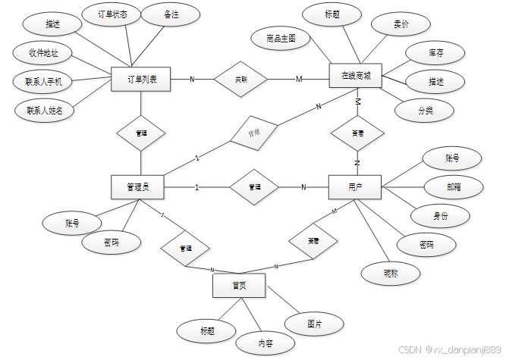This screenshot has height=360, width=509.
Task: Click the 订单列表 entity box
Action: click(140, 80)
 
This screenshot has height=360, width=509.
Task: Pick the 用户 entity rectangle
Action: click(355, 186)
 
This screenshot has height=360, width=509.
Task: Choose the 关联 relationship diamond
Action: click(240, 78)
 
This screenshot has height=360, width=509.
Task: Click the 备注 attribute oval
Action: click(171, 14)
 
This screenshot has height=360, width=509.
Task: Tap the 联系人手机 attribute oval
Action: click(44, 81)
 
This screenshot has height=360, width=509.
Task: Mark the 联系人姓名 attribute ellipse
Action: click(45, 110)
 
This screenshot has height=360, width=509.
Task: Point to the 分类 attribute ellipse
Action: click(425, 110)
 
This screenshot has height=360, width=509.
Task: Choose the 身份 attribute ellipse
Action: click(440, 215)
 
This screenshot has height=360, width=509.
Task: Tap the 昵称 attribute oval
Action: click(391, 273)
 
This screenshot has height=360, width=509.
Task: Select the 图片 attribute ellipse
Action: click(314, 324)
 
